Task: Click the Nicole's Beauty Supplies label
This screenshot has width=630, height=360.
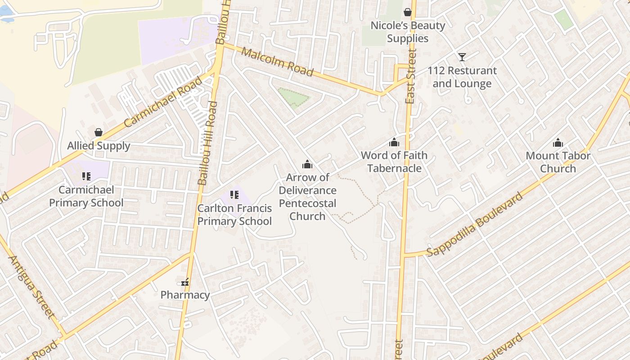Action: coord(408,32)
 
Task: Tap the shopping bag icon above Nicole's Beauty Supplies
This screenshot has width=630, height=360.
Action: coord(408,12)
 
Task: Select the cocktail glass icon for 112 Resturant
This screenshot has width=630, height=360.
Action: coord(462,57)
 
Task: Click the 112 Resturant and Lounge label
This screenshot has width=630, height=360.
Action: coord(462,77)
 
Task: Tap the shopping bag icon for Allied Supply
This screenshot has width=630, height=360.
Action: coord(99,132)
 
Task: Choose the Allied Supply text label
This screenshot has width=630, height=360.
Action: coord(99,146)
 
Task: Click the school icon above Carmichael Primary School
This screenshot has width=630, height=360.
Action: coord(86,176)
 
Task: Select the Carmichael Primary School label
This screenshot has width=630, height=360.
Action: coord(86,196)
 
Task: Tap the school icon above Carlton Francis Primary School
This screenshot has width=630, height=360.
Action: coord(234,195)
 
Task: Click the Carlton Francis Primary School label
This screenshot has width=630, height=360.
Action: coord(234,215)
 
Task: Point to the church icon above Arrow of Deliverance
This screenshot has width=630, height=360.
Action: coord(307,164)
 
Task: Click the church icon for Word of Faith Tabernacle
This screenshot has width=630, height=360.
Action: coord(394,142)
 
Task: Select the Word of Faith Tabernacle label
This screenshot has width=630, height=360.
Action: coord(394,162)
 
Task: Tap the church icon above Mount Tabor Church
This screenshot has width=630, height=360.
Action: coord(558,143)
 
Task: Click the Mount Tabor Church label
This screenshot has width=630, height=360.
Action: coord(558,162)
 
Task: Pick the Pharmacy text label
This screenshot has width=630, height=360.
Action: coord(185,295)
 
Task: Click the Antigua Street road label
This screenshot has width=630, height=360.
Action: coord(31,287)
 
